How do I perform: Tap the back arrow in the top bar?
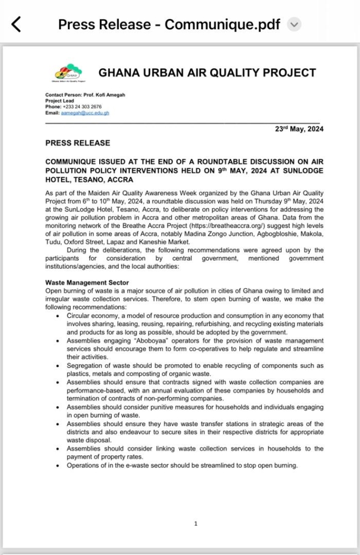(x=16, y=24)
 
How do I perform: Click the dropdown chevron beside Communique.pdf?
(x=294, y=24)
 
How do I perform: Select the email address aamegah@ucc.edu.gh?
(x=85, y=113)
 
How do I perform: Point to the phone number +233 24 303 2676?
(x=81, y=107)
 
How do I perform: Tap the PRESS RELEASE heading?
(x=78, y=143)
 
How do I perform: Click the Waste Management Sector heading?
(x=87, y=282)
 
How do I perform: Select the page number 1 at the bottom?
(x=195, y=523)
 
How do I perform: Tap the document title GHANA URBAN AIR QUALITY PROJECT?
(x=207, y=73)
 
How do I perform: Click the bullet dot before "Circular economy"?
(x=58, y=315)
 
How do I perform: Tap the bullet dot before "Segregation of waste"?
(x=58, y=366)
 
